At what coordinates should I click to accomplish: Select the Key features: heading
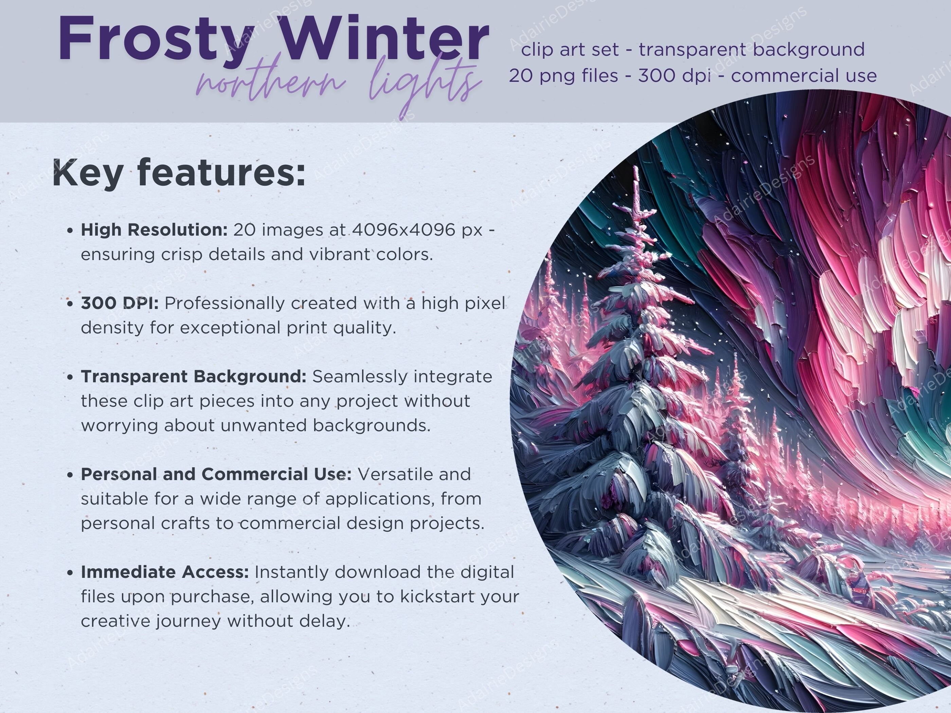tap(178, 173)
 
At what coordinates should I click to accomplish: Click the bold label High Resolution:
tap(154, 230)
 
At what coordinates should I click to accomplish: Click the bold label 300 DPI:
tap(120, 304)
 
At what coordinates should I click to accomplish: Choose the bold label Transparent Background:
tap(194, 377)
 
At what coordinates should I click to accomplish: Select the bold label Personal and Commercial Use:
tap(216, 474)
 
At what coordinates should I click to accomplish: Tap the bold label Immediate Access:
tap(165, 572)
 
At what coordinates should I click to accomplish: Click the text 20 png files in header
tap(563, 76)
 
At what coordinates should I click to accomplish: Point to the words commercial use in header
tap(804, 76)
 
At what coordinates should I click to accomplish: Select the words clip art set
tap(570, 50)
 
